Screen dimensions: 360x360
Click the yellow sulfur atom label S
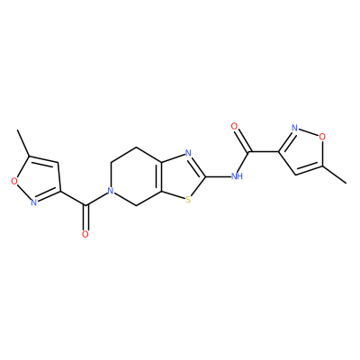(188, 199)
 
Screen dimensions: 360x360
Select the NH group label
(237, 176)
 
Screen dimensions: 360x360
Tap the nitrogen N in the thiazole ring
(188, 153)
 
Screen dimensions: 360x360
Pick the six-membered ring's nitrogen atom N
(111, 191)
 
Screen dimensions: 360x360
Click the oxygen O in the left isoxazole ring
(13, 181)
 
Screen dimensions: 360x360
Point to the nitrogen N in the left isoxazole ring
(34, 202)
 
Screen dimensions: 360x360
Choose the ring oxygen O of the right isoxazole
(322, 137)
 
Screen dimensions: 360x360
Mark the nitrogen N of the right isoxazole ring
(295, 129)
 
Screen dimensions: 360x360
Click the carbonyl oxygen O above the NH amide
(234, 126)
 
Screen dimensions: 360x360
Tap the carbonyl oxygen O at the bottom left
(85, 234)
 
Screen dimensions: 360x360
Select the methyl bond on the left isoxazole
(23, 143)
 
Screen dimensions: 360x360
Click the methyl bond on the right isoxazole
(335, 174)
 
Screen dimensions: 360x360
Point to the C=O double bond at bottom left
(86, 217)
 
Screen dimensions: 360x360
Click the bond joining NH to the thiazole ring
(218, 176)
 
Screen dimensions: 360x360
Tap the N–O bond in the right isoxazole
(309, 132)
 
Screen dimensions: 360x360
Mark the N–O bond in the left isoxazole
(23, 192)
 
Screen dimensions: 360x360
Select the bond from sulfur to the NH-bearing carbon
(199, 186)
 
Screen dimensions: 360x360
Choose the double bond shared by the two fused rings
(160, 176)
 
